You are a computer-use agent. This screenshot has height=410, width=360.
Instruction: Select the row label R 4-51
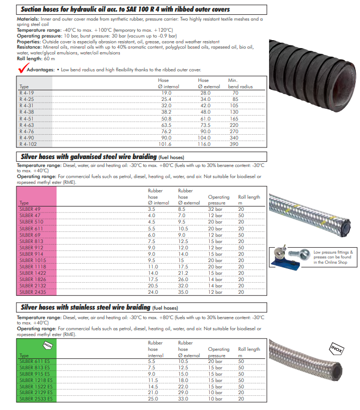coord(26,119)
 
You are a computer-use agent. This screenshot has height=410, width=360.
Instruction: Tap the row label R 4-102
coord(27,144)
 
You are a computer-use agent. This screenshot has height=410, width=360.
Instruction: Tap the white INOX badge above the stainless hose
coord(337,348)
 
